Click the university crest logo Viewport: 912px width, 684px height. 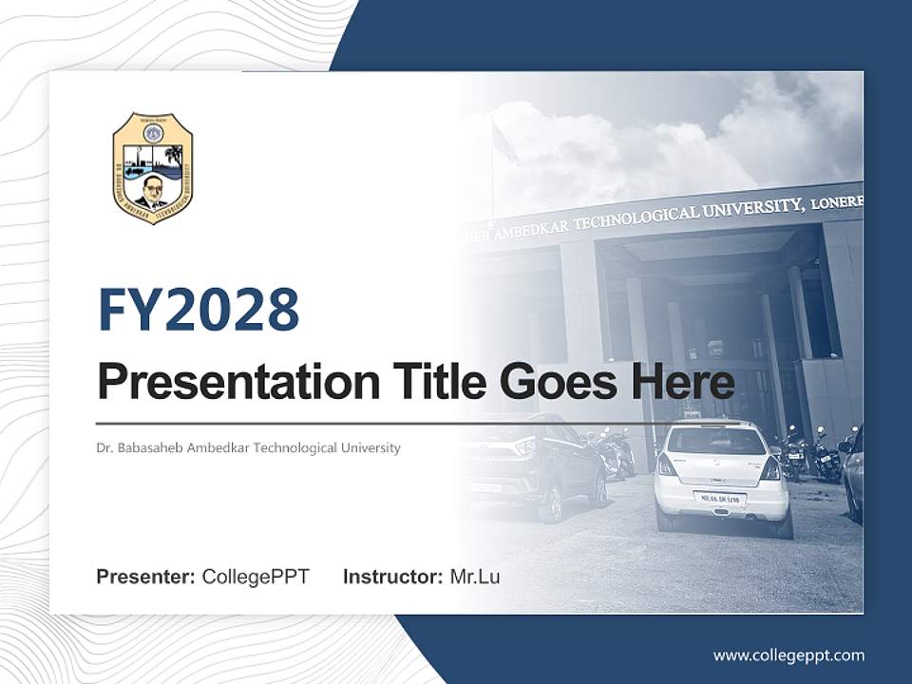point(153,168)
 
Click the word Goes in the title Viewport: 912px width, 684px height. point(556,381)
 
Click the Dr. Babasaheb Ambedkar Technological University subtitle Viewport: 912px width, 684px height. point(248,447)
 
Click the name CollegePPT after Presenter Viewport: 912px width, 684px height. point(256,577)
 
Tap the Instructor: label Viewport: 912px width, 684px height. point(392,577)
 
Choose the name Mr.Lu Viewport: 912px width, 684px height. point(475,577)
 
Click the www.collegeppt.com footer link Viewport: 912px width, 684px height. point(788,655)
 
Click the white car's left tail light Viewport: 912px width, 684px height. point(667,465)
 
